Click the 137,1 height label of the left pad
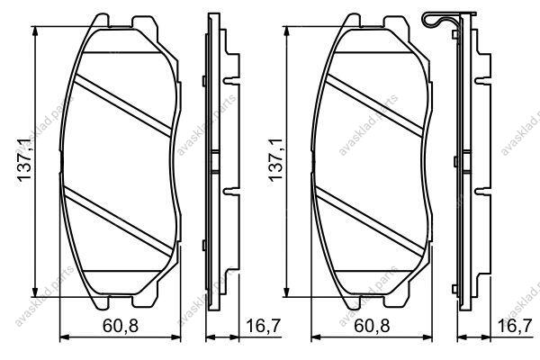[25, 159]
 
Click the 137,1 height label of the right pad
[275, 159]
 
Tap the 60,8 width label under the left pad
[121, 325]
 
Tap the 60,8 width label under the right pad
[372, 325]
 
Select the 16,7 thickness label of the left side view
[264, 325]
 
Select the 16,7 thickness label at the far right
[515, 325]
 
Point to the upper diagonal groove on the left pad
[122, 105]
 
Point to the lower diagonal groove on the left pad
[118, 221]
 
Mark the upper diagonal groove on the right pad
[374, 105]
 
